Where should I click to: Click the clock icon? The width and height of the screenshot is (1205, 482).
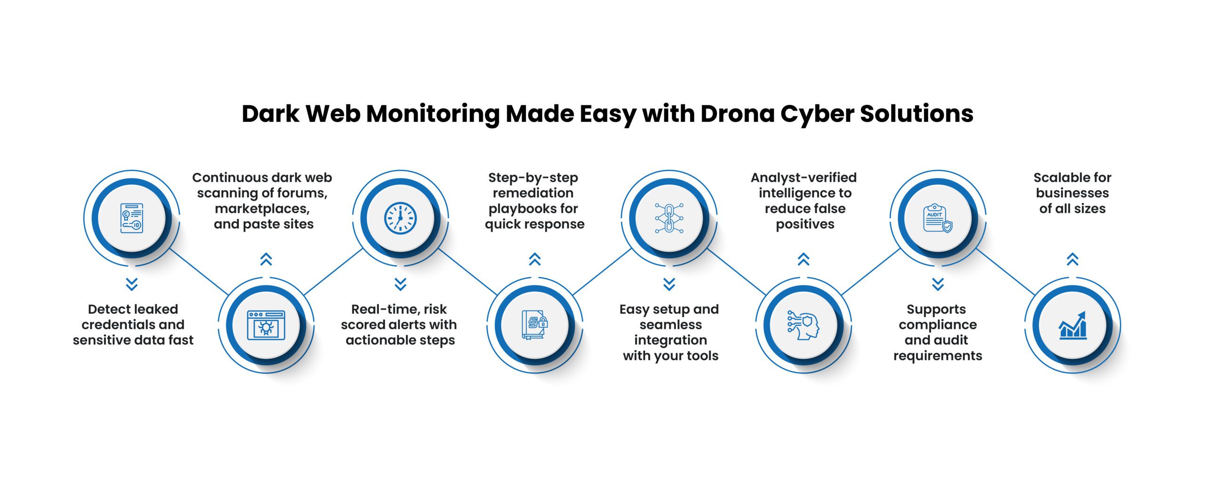[400, 218]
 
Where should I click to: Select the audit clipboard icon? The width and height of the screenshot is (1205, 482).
[937, 218]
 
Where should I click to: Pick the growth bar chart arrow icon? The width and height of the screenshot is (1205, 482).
[1072, 325]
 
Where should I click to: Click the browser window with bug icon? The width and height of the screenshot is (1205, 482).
[266, 325]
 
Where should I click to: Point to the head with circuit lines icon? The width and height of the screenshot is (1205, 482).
[803, 325]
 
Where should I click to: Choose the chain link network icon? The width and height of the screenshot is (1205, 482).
[669, 218]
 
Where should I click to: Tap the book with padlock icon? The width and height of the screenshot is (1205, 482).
[535, 325]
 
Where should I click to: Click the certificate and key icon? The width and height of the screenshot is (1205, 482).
[131, 218]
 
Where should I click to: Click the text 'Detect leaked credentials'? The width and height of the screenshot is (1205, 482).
[133, 317]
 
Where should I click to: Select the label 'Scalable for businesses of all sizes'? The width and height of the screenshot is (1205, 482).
[1072, 193]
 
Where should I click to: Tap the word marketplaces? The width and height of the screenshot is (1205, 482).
[262, 209]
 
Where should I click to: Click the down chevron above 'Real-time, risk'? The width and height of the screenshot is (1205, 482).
[400, 284]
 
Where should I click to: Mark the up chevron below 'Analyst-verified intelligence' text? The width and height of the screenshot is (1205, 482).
[803, 259]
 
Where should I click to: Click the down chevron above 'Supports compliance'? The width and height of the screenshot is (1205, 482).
[938, 284]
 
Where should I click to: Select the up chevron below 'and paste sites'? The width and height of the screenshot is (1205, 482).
[266, 259]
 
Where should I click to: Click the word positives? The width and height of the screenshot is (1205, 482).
[805, 224]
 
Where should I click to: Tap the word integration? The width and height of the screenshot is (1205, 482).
[670, 340]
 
